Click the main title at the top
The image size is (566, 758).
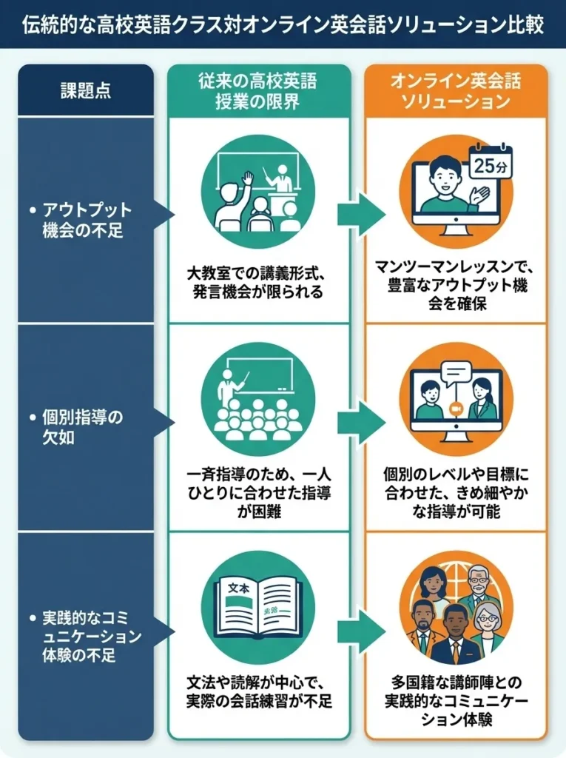[x=283, y=25]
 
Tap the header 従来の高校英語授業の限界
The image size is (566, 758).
[x=258, y=91]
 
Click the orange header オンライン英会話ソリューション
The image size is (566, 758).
[x=456, y=91]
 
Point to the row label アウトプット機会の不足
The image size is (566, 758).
[x=83, y=220]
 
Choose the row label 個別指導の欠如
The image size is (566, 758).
[x=83, y=426]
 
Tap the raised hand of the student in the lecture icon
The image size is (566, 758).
[x=247, y=178]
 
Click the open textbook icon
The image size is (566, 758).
[x=257, y=607]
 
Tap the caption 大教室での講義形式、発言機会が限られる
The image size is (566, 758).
[x=258, y=284]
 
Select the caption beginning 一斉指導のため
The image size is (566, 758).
[x=258, y=492]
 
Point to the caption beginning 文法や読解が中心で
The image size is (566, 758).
[x=258, y=691]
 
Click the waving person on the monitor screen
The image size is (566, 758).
[x=444, y=187]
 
